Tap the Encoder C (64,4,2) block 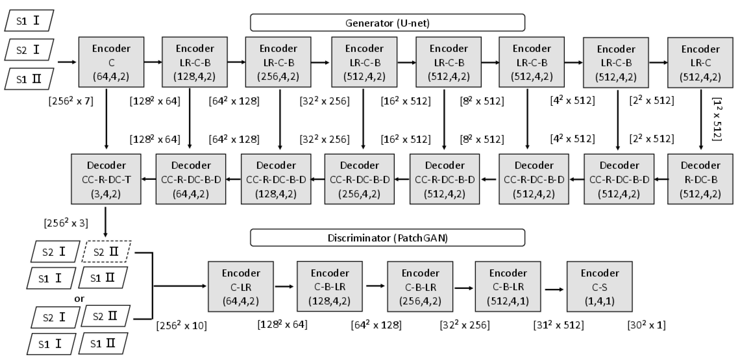click(111, 62)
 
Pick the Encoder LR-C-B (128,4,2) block click(194, 62)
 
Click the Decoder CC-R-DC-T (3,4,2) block click(106, 179)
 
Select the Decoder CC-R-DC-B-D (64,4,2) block click(191, 179)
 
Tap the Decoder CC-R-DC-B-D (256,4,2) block click(359, 179)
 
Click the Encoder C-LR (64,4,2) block click(241, 286)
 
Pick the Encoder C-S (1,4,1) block click(599, 286)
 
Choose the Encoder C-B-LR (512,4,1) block click(508, 286)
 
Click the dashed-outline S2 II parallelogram click(106, 252)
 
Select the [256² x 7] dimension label click(71, 101)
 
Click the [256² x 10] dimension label click(182, 325)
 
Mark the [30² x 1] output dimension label click(646, 325)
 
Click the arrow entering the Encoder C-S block click(554, 289)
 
